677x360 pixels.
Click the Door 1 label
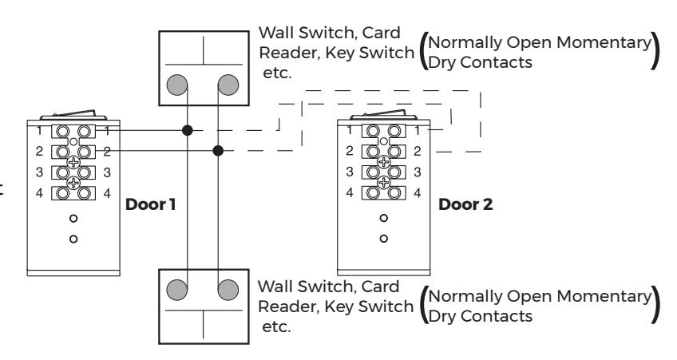(150, 204)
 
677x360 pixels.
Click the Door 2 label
(465, 204)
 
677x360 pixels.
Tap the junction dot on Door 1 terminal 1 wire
(187, 130)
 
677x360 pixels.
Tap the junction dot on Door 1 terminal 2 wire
(218, 151)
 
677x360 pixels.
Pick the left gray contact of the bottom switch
(177, 290)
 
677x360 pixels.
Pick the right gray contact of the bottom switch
(228, 290)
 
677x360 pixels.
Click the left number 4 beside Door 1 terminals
(39, 193)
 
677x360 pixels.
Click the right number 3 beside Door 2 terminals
(417, 172)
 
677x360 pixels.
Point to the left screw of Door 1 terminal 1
(62, 131)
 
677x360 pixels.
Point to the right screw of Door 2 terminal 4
(394, 192)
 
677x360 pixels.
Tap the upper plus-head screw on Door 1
(73, 162)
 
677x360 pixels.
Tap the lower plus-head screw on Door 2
(383, 182)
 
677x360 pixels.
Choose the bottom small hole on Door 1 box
(73, 239)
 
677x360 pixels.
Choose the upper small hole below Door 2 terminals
(383, 218)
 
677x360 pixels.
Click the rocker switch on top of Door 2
(383, 114)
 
